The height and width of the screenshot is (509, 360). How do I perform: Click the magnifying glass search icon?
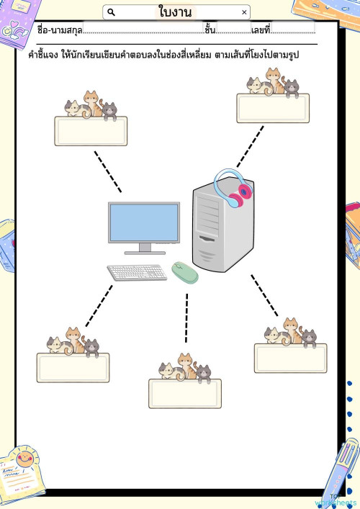pyautogui.click(x=111, y=12)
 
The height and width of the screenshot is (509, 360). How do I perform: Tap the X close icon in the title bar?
pyautogui.click(x=244, y=12)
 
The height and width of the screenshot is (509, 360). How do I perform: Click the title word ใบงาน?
pyautogui.click(x=175, y=12)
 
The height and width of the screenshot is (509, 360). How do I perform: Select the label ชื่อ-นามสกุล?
pyautogui.click(x=60, y=30)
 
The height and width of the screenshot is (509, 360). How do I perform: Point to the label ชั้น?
pyautogui.click(x=210, y=30)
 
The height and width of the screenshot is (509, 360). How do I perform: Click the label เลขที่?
pyautogui.click(x=261, y=30)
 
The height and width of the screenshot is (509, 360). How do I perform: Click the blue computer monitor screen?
pyautogui.click(x=144, y=222)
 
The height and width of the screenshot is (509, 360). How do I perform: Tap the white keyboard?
pyautogui.click(x=137, y=272)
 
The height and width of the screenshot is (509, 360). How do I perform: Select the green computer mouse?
pyautogui.click(x=185, y=273)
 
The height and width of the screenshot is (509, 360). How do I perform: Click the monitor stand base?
pyautogui.click(x=145, y=253)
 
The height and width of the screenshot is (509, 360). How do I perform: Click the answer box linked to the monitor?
pyautogui.click(x=91, y=131)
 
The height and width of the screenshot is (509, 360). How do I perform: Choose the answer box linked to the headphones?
pyautogui.click(x=273, y=108)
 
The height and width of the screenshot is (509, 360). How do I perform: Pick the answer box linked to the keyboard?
pyautogui.click(x=73, y=368)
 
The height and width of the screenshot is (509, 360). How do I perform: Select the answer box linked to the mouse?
pyautogui.click(x=185, y=393)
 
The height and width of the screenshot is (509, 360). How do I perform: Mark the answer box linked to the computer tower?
pyautogui.click(x=291, y=358)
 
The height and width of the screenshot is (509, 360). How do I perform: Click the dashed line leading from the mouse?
pyautogui.click(x=186, y=317)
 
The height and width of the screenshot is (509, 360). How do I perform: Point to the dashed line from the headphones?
pyautogui.click(x=251, y=146)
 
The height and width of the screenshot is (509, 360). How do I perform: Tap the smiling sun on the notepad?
pyautogui.click(x=24, y=459)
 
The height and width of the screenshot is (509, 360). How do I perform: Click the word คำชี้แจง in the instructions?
pyautogui.click(x=43, y=55)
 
